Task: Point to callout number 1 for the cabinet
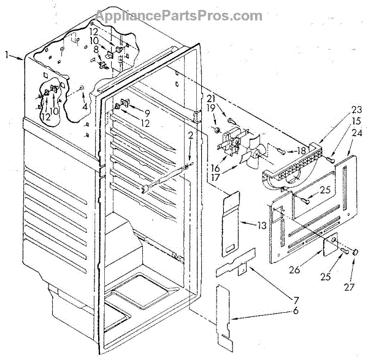pos(7,56)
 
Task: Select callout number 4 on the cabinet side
pos(85,105)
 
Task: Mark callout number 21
pos(228,99)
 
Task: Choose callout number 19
pos(228,108)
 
